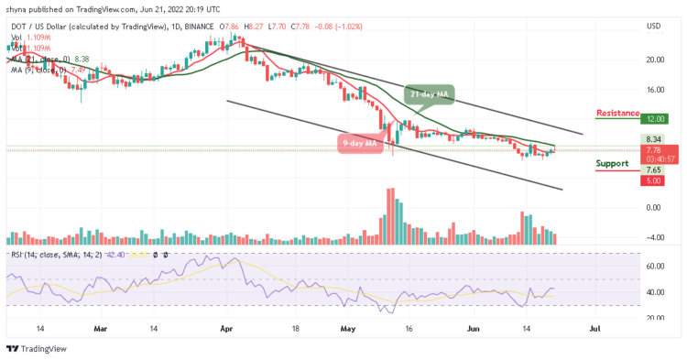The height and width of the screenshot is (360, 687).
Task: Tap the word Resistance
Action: tap(617, 113)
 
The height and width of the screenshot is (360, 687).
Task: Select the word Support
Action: tap(612, 163)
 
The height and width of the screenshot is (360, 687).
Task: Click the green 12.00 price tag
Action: tap(652, 119)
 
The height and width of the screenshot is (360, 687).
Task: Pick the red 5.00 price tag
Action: tap(652, 181)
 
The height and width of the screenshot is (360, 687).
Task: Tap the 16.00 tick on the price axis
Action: tap(653, 90)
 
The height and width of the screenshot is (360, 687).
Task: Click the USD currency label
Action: tap(654, 26)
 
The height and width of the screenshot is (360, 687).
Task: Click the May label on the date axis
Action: tap(345, 327)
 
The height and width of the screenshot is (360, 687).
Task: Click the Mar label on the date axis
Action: tap(101, 327)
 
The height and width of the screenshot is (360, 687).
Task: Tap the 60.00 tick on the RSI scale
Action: tap(653, 266)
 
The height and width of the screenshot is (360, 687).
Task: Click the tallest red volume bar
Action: tap(390, 216)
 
